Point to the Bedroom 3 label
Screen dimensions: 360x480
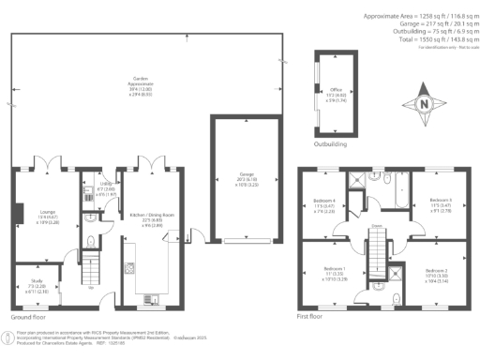441,206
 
